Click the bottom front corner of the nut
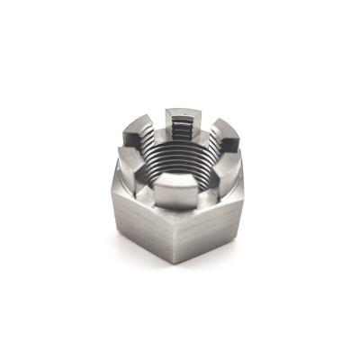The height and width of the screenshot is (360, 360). pyautogui.click(x=173, y=263)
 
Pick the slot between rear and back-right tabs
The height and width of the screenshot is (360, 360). pyautogui.click(x=205, y=124)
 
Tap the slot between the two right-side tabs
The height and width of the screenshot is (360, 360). pyautogui.click(x=236, y=153)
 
